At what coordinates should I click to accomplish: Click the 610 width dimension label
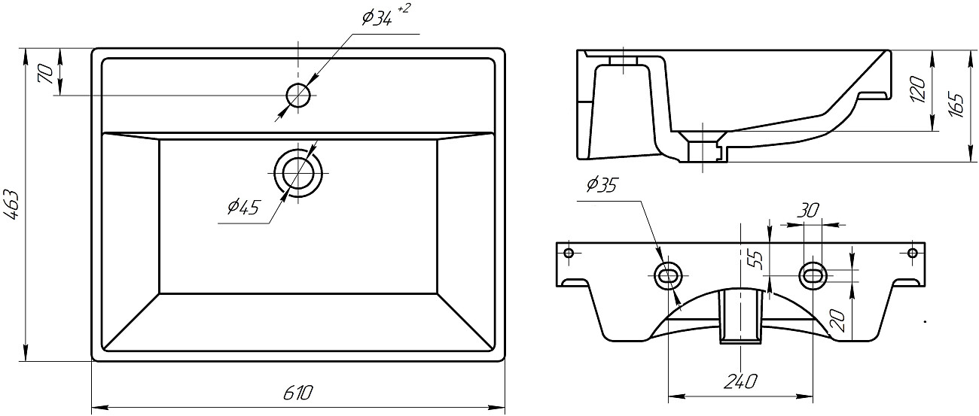[297, 393]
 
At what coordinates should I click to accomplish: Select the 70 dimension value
[44, 74]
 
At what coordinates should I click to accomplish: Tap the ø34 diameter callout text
[377, 19]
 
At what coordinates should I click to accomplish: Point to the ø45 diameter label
[242, 207]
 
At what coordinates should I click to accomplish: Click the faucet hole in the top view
[298, 95]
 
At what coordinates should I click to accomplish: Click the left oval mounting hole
[669, 275]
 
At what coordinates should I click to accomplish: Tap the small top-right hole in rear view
[913, 252]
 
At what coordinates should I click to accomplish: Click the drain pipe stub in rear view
[741, 316]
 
